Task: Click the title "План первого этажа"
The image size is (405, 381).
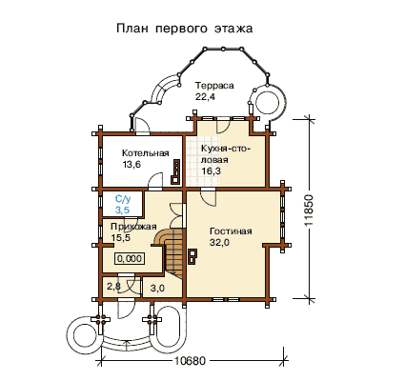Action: click(x=185, y=29)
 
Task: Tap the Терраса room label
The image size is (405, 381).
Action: click(x=214, y=86)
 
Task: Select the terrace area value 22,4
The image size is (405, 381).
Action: click(x=205, y=97)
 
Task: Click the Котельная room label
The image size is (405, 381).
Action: click(x=146, y=153)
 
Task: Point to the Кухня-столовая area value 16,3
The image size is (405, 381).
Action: click(x=211, y=171)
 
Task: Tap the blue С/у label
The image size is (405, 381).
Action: click(x=123, y=199)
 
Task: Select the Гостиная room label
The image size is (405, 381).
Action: click(x=231, y=231)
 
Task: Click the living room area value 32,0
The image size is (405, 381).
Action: click(x=219, y=242)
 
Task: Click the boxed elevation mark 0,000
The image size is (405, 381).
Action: click(x=130, y=258)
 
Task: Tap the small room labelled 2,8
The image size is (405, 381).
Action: click(x=113, y=287)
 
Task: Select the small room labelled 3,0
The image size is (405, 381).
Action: click(x=157, y=289)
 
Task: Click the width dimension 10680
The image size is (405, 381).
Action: click(x=191, y=361)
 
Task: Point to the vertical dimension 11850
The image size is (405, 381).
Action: click(x=309, y=210)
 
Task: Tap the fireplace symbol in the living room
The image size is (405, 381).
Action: click(x=192, y=256)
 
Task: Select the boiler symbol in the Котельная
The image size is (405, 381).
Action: click(x=175, y=171)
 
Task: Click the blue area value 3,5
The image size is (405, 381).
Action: click(x=122, y=210)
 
